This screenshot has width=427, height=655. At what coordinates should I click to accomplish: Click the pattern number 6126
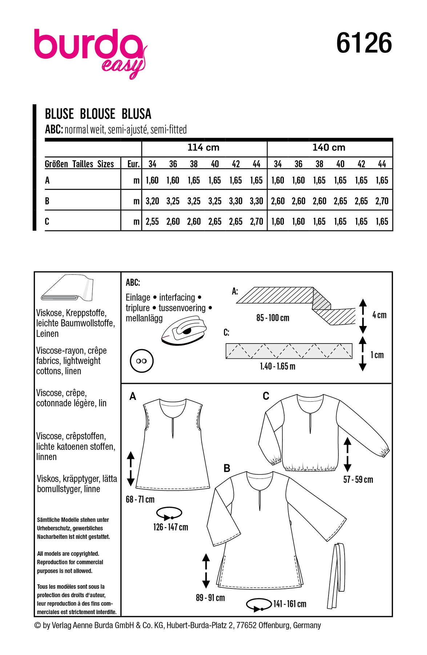coord(364,43)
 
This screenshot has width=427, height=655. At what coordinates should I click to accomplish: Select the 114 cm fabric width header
coord(204,147)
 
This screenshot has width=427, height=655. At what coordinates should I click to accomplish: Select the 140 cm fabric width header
coord(329,147)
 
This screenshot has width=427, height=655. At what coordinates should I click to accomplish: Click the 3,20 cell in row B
coord(152,201)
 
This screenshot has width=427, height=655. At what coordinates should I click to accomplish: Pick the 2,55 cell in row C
coord(152,222)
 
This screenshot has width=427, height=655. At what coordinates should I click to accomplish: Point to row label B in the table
coord(47,201)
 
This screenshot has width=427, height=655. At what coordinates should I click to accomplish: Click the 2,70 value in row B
coord(382,201)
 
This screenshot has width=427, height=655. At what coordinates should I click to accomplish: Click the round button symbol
coord(141,361)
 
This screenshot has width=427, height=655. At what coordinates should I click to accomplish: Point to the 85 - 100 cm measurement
coord(273,318)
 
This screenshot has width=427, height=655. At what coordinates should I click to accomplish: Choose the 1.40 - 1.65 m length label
coord(278,366)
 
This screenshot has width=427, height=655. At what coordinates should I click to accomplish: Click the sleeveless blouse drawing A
coord(173,444)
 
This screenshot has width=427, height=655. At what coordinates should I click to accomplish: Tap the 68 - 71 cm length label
coord(140,500)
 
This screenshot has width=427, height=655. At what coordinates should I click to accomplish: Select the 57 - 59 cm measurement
coord(358,480)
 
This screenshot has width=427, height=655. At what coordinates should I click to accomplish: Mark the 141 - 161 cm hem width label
coord(290,604)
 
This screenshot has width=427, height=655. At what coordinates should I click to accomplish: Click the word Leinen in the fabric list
coord(47,334)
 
